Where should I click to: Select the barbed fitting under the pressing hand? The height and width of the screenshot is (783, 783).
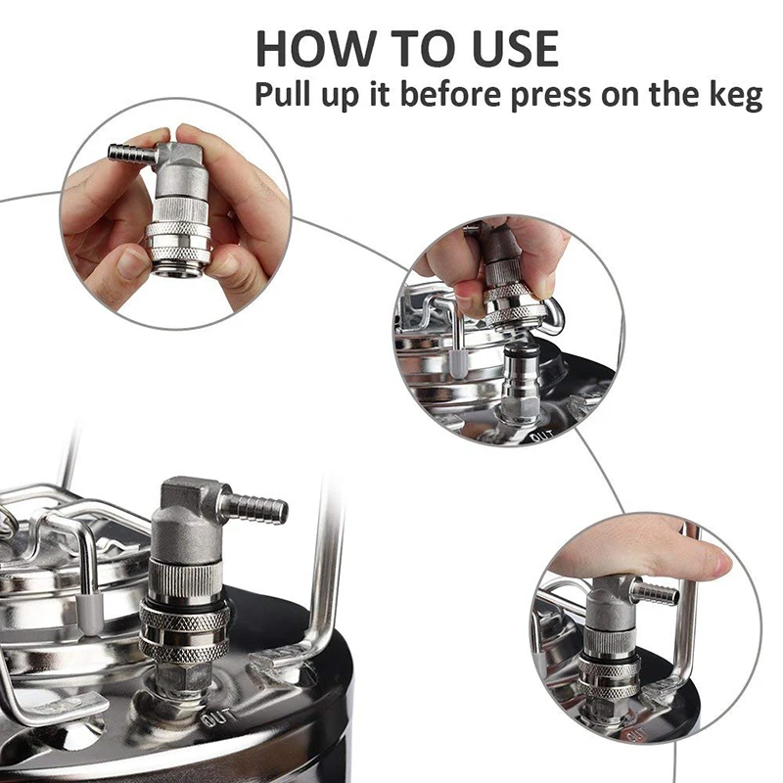coord(655,592)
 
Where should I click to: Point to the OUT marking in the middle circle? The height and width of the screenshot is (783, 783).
coord(538,434)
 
